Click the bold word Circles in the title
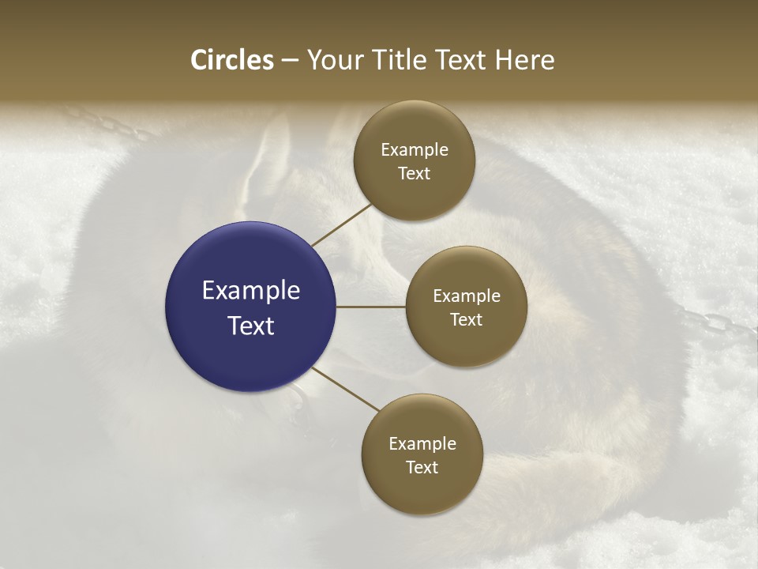tap(232, 60)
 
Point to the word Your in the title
tap(334, 60)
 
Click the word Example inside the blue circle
tap(251, 291)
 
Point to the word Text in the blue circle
tap(251, 325)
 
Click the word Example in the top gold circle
tap(415, 150)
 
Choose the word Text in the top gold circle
tap(415, 173)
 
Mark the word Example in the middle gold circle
tap(467, 296)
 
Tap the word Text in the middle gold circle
tap(467, 319)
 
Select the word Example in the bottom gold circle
tap(422, 444)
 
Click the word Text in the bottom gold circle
tap(422, 467)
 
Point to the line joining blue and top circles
tap(341, 224)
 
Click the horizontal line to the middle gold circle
tap(371, 307)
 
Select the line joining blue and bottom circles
tap(347, 390)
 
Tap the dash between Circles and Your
tap(290, 60)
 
